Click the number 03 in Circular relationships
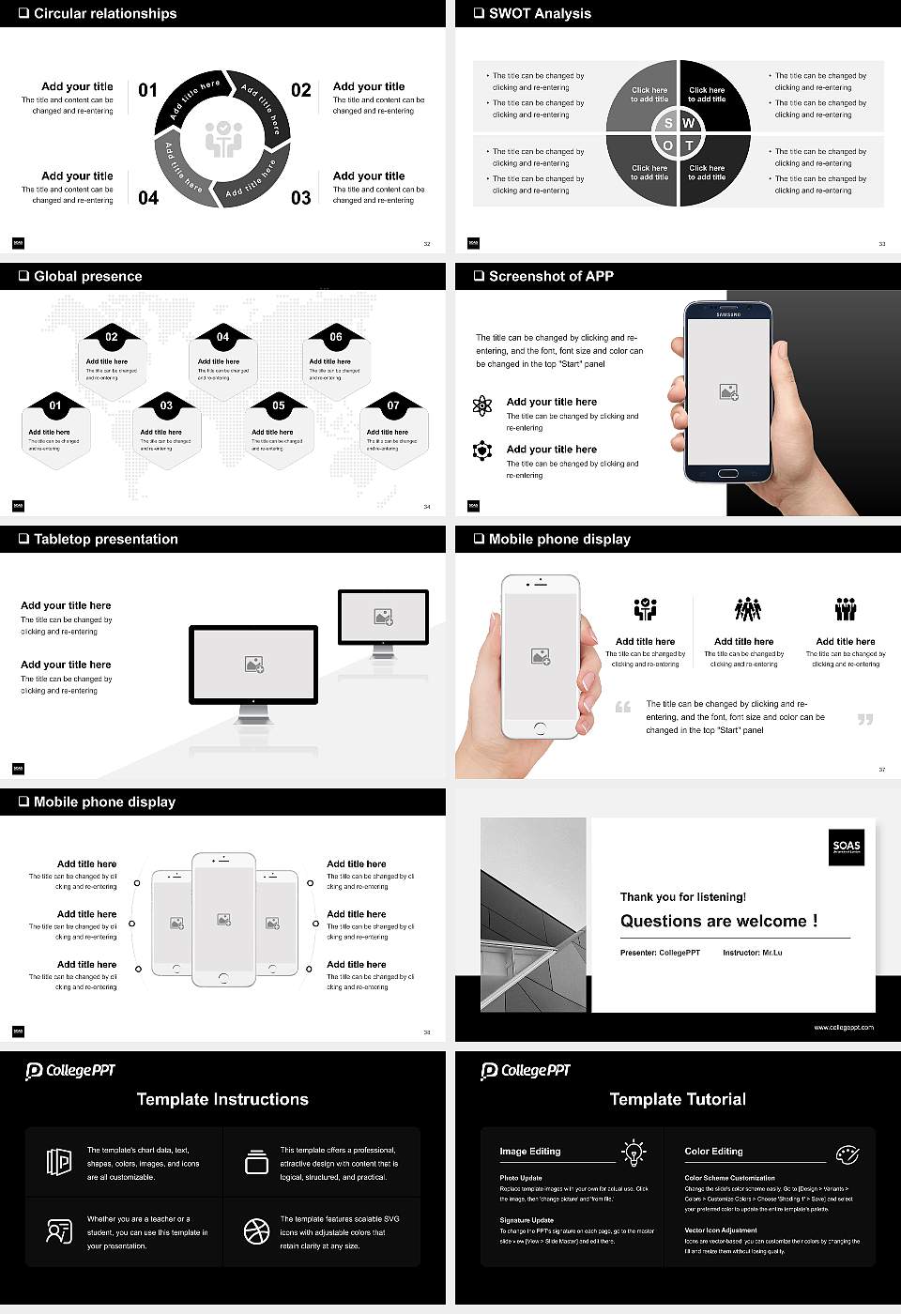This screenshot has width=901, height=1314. [300, 198]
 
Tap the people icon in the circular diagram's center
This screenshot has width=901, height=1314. [223, 138]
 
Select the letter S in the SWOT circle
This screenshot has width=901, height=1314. [668, 123]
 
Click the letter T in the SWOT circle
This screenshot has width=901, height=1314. [689, 145]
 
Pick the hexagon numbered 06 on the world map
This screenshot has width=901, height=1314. [336, 357]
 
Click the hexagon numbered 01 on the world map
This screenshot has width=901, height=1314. [55, 428]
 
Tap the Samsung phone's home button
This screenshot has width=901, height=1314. [729, 476]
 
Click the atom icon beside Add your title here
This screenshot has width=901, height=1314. [482, 405]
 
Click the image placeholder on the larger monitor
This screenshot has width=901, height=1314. [253, 665]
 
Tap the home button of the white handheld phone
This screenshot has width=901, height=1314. [540, 728]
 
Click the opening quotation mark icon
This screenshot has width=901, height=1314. [623, 707]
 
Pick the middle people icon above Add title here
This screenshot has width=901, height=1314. [747, 609]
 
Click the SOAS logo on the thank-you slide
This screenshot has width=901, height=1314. [847, 847]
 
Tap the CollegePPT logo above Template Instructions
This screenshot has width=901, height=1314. [70, 1071]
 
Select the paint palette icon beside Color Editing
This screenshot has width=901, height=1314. [847, 1154]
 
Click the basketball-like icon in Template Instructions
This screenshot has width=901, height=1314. [256, 1231]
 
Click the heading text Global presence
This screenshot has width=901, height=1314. [87, 276]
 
